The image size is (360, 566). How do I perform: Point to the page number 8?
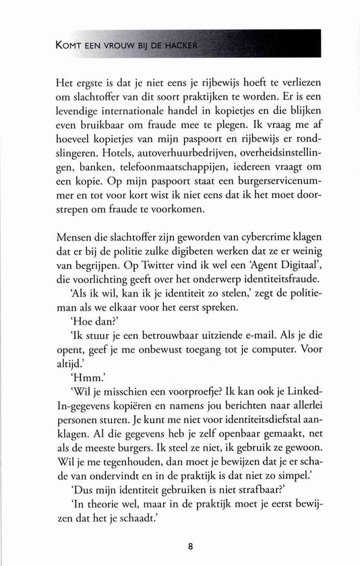181,546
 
